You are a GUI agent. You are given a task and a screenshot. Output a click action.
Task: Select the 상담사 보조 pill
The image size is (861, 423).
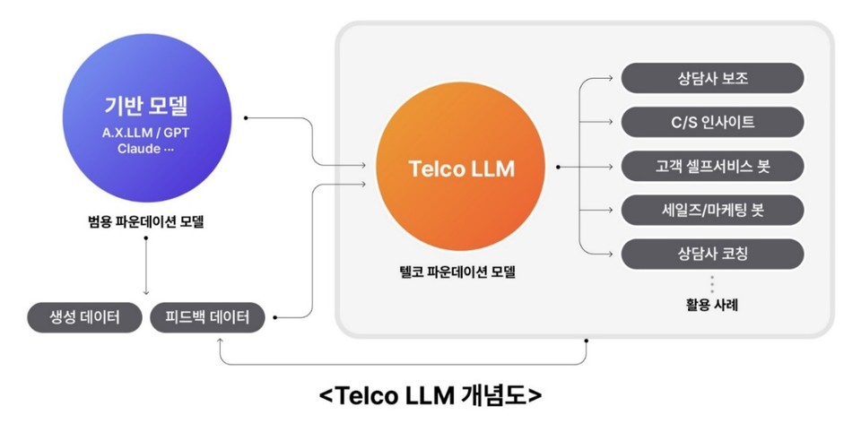[x=713, y=78]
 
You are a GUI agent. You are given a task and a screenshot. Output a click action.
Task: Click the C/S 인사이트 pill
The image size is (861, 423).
[x=713, y=122]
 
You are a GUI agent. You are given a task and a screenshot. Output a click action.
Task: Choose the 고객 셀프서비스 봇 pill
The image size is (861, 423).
[x=713, y=166]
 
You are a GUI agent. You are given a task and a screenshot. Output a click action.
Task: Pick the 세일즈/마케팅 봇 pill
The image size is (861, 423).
[x=713, y=210]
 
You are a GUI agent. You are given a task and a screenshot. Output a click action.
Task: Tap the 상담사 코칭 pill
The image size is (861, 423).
[x=713, y=254]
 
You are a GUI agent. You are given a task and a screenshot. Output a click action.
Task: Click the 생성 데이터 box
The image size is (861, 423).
[x=84, y=317]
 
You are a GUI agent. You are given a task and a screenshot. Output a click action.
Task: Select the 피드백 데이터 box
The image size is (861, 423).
[x=207, y=317]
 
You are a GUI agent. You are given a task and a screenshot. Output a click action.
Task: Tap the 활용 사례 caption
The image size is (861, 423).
[x=712, y=305]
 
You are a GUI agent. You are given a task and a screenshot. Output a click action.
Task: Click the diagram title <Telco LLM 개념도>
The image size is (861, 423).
[x=430, y=394]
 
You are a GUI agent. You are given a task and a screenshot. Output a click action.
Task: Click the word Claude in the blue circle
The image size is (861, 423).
[x=138, y=148]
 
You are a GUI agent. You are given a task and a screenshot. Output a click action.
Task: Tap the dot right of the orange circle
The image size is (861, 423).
[x=558, y=167]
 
